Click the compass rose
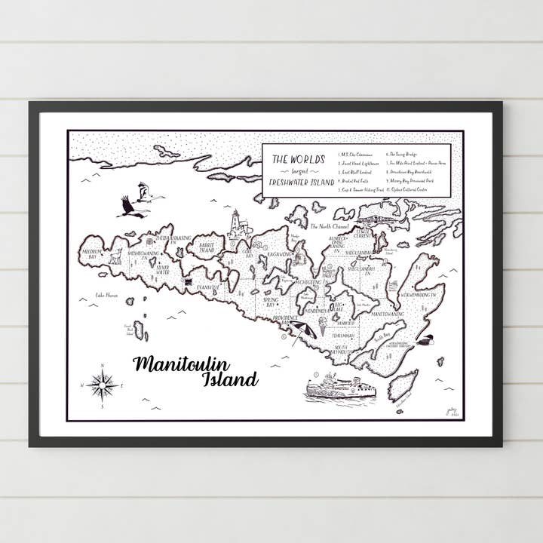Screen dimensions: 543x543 click(x=101, y=385)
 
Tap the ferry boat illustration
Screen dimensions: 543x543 click(x=340, y=388)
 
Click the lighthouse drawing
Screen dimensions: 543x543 click(x=238, y=224)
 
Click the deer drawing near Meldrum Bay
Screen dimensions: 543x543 click(x=115, y=256)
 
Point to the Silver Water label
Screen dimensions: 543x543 click(x=162, y=268)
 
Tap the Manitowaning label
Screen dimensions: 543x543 click(x=388, y=312)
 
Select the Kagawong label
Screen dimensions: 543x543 click(x=279, y=256)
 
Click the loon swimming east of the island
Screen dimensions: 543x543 click(x=425, y=340)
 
